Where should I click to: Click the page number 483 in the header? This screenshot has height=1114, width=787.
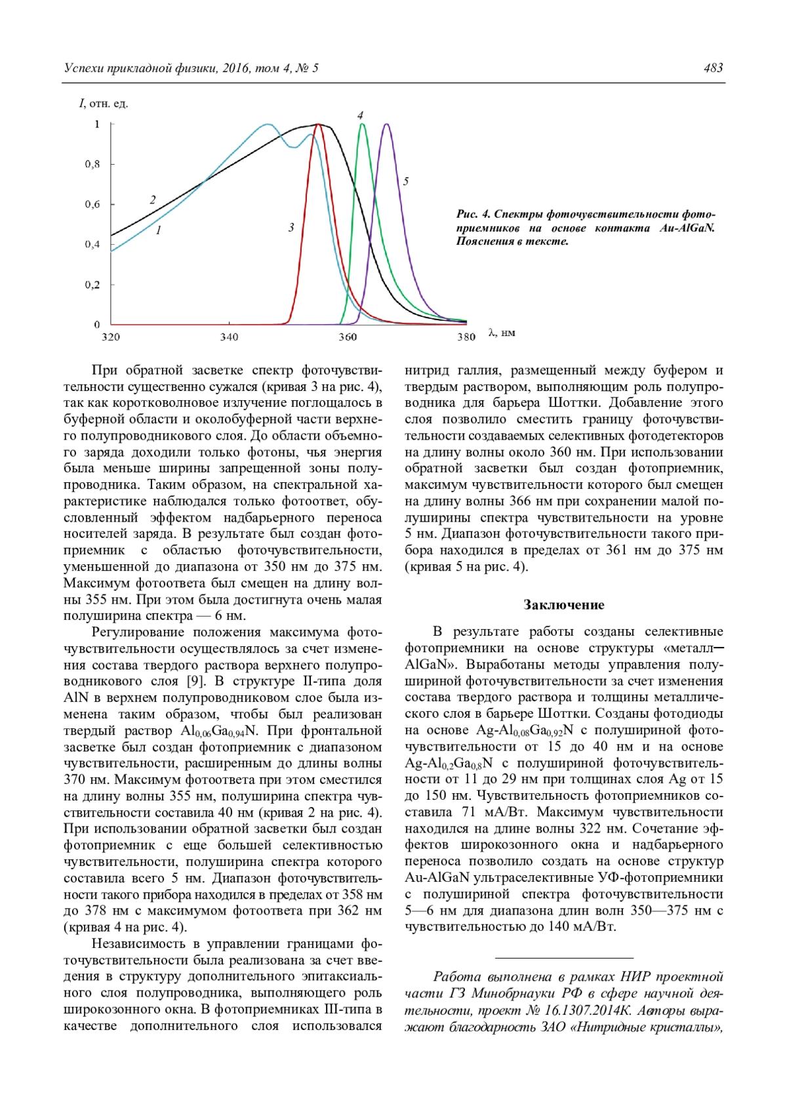[713, 68]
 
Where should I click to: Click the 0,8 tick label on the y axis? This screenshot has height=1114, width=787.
[92, 164]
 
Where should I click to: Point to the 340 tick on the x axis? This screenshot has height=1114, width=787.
[229, 337]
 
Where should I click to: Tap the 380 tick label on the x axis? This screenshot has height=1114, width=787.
[466, 337]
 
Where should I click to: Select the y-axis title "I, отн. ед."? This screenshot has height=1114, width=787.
[104, 104]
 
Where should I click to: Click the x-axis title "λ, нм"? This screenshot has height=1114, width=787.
[502, 333]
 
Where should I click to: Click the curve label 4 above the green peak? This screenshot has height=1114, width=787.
[360, 115]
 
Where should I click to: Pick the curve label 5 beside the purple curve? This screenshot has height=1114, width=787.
[406, 181]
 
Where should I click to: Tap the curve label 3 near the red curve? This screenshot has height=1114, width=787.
[291, 227]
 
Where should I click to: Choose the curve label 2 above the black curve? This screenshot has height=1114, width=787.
[153, 200]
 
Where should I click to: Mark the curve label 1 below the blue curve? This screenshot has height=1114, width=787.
[158, 230]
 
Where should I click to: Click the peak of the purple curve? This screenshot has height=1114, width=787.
[387, 124]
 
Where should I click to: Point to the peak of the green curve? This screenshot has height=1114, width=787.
[361, 124]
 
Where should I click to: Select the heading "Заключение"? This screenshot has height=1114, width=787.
[563, 605]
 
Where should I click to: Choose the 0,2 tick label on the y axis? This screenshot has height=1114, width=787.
[92, 285]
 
